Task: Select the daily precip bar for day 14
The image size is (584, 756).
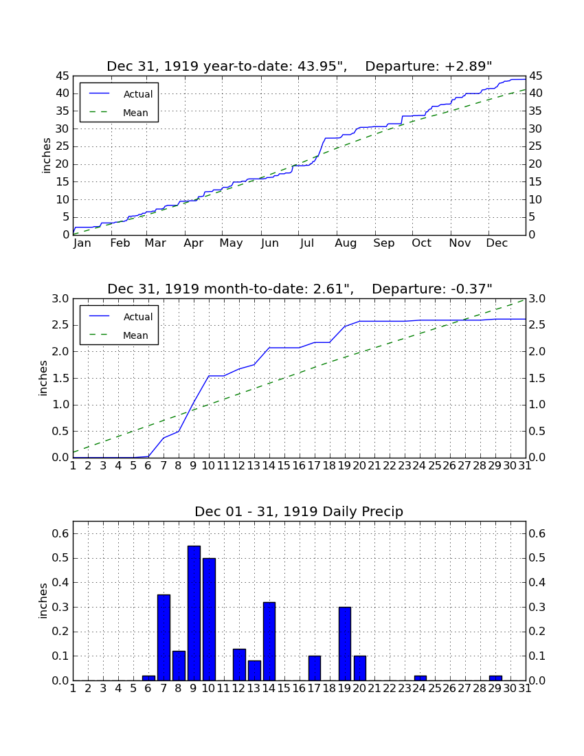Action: click(269, 641)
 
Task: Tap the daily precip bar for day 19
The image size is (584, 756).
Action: click(344, 644)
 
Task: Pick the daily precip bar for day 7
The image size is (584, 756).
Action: click(164, 637)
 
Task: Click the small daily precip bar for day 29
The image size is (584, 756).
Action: click(495, 678)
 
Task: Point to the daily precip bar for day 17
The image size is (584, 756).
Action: click(315, 668)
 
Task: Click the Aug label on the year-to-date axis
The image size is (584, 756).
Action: click(346, 243)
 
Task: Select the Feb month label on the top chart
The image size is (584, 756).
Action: click(120, 243)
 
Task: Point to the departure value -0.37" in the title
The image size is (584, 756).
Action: click(471, 289)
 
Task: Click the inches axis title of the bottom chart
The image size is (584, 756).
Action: click(43, 601)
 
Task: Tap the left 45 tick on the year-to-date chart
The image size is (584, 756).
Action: click(63, 76)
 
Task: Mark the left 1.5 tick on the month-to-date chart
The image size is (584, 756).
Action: click(60, 379)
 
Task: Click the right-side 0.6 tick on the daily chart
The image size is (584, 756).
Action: click(537, 534)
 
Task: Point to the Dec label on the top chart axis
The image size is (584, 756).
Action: click(497, 243)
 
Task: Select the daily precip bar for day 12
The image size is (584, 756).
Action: click(240, 665)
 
